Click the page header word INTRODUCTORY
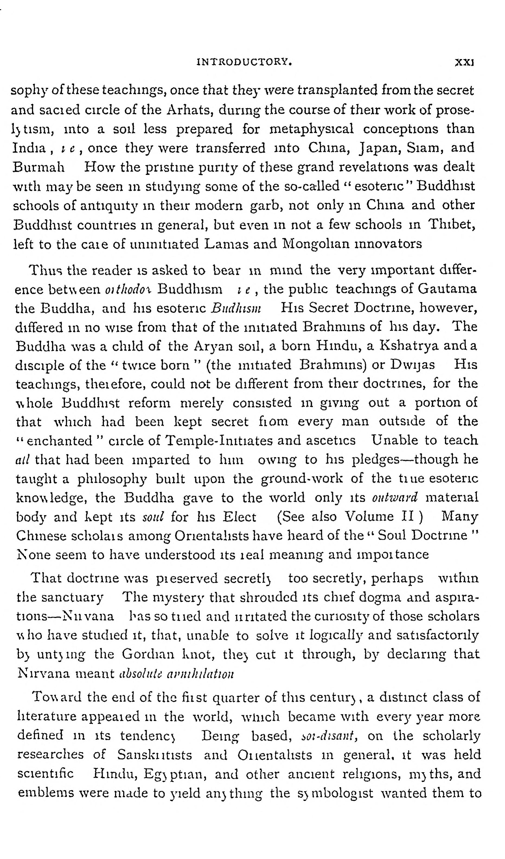coord(244,62)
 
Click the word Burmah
coord(39,167)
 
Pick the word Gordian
coord(148,654)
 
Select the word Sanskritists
coord(155,755)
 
